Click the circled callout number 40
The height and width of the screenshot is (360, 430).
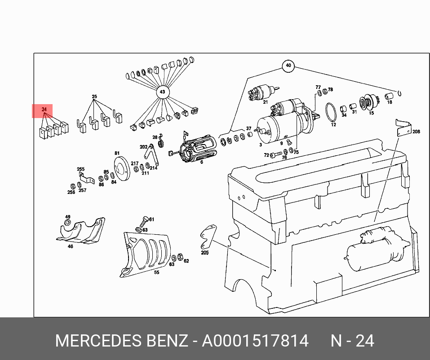point(288,66)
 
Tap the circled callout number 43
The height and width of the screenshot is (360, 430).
point(163,92)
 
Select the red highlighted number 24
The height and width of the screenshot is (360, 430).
point(44,110)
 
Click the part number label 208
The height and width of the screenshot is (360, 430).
point(416,132)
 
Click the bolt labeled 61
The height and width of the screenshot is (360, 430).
point(144,221)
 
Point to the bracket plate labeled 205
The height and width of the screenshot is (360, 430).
point(208,237)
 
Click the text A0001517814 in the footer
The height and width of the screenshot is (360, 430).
point(255,341)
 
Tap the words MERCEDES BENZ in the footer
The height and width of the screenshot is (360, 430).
point(121,341)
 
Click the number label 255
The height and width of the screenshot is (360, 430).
point(80,169)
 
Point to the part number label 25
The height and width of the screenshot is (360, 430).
point(94,97)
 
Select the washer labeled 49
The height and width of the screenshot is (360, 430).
point(67,222)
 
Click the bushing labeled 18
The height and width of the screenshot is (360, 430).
point(389,96)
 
